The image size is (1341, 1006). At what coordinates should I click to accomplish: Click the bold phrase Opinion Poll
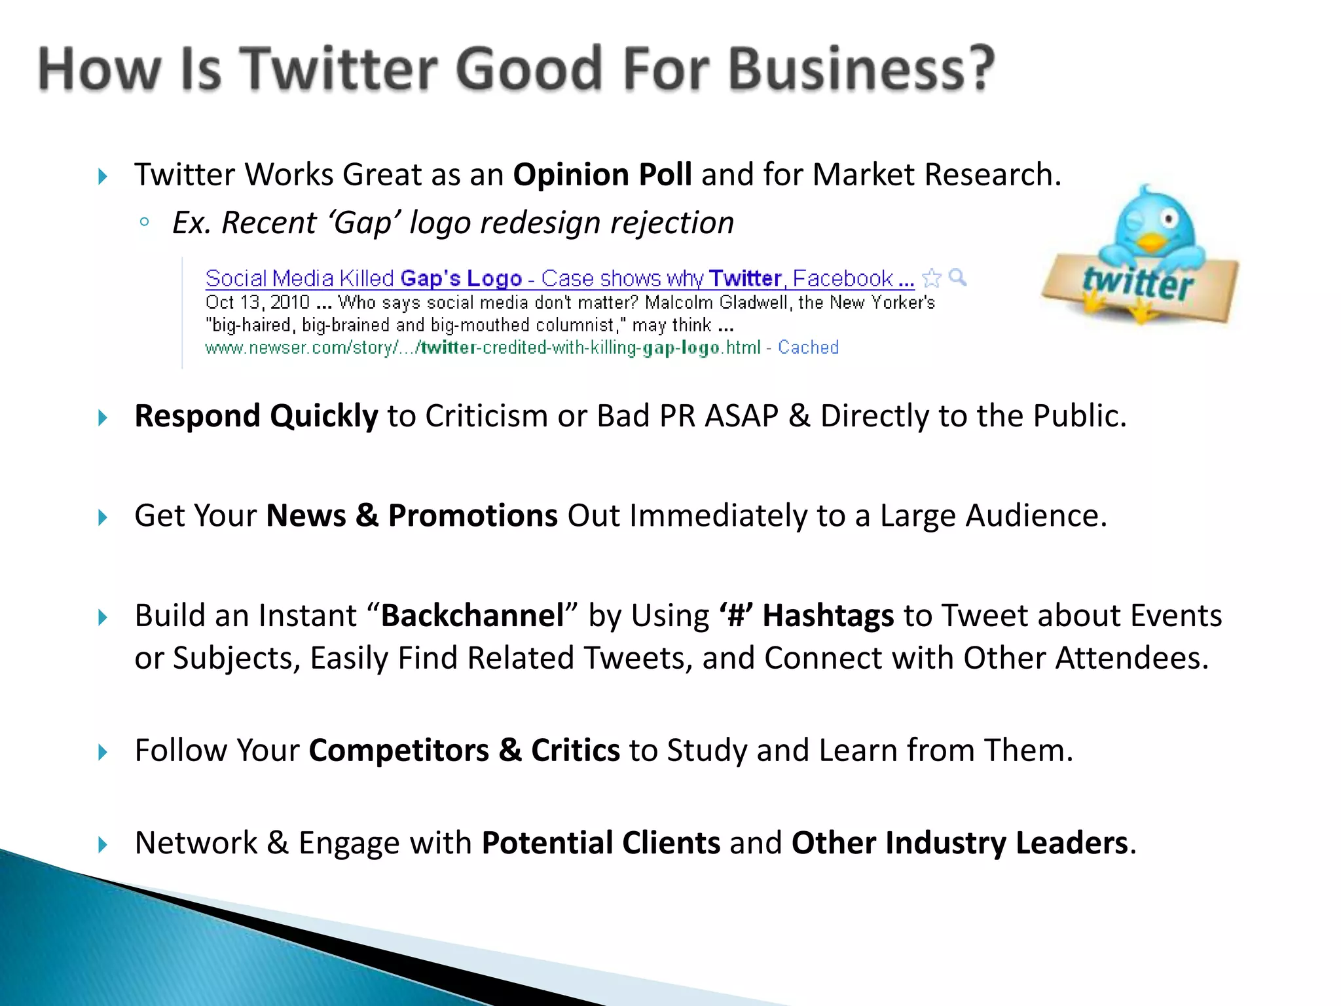click(x=602, y=175)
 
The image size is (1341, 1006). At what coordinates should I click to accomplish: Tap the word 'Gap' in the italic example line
click(x=365, y=223)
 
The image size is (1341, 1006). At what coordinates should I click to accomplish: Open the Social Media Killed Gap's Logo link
click(x=363, y=279)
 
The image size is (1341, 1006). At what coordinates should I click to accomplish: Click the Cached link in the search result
click(x=808, y=347)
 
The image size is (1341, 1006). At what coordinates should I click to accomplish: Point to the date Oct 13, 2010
click(x=257, y=303)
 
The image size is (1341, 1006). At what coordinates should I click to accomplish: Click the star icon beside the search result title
click(x=931, y=278)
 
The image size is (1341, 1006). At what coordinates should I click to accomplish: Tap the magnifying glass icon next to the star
click(x=957, y=277)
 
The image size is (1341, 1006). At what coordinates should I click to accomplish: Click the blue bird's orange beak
click(x=1150, y=244)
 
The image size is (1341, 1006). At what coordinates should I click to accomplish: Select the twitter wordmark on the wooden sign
click(x=1138, y=283)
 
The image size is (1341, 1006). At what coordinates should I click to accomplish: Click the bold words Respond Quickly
click(x=256, y=417)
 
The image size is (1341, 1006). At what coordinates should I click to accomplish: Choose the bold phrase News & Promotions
click(x=412, y=516)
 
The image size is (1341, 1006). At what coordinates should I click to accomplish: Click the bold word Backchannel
click(x=473, y=616)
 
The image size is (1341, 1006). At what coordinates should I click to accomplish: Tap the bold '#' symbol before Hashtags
click(x=736, y=616)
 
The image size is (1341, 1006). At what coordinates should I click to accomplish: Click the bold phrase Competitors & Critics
click(x=464, y=751)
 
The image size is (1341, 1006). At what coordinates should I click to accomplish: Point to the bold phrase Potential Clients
click(x=600, y=844)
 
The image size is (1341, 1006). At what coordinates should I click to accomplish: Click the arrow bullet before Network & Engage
click(x=103, y=844)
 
